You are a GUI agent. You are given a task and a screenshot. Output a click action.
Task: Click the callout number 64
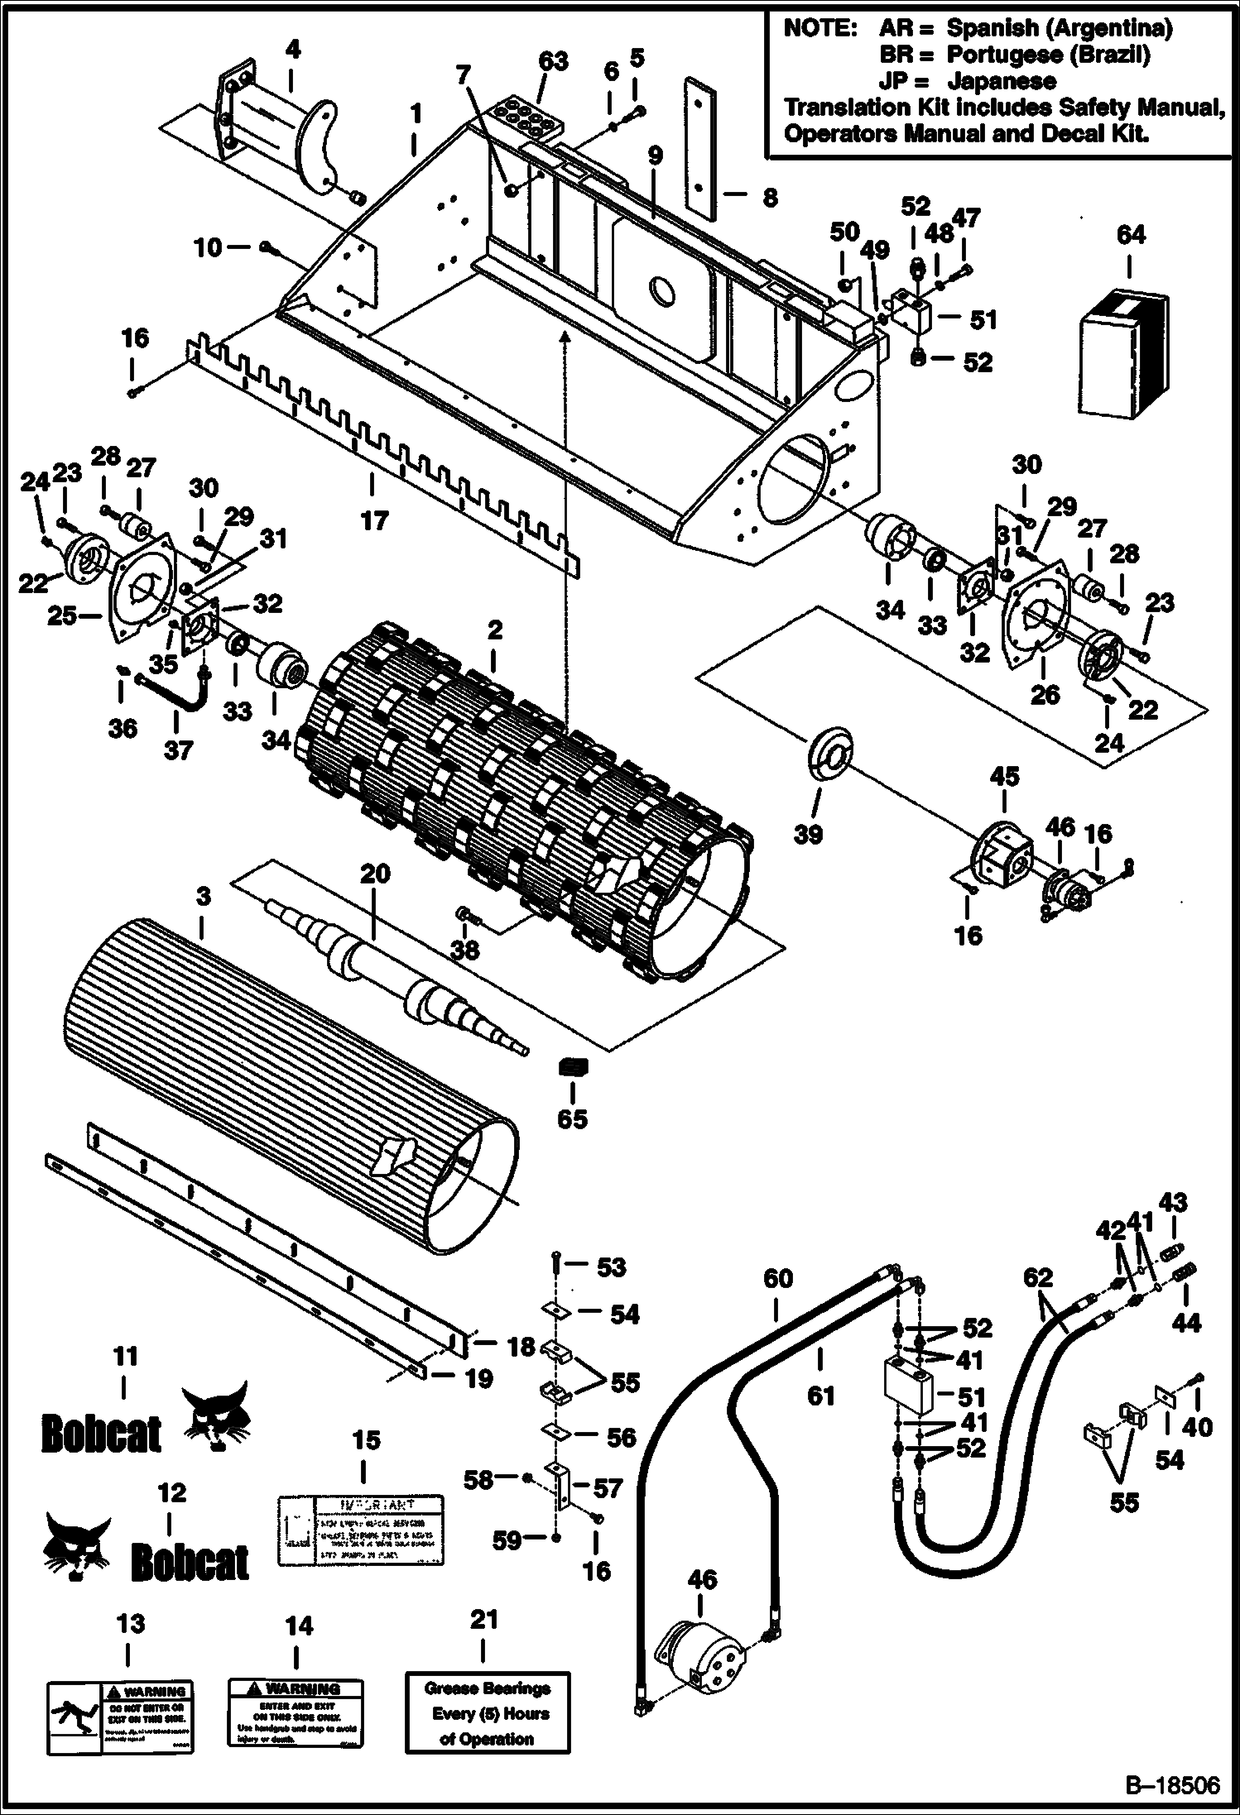1131,235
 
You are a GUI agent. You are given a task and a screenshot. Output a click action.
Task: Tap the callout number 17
374,520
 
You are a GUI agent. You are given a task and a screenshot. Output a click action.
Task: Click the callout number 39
808,834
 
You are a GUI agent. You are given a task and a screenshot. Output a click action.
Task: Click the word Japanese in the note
1002,81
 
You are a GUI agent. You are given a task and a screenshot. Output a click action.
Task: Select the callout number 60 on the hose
777,1278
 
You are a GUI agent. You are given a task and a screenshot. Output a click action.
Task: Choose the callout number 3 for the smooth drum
204,896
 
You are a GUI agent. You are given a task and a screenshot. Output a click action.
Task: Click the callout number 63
553,61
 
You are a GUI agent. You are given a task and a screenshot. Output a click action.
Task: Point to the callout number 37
178,749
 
